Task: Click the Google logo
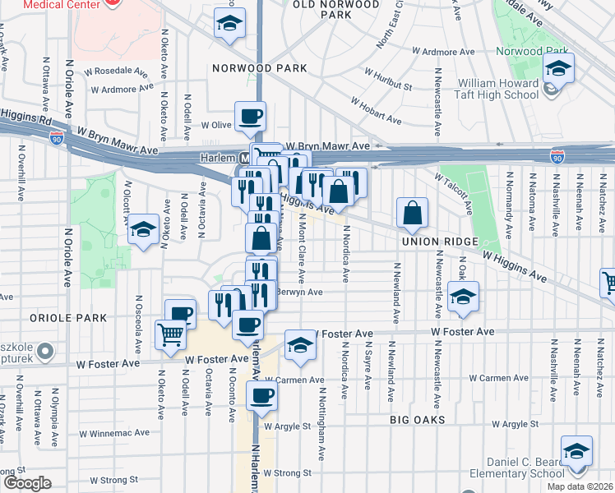(27, 483)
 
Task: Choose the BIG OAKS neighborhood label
(418, 419)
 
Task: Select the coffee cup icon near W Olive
(250, 117)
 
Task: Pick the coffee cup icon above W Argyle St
(261, 396)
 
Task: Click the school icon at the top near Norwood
(229, 24)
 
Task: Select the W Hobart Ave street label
(376, 112)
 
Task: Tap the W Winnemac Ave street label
(114, 432)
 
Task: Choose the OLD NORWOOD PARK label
(337, 9)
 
